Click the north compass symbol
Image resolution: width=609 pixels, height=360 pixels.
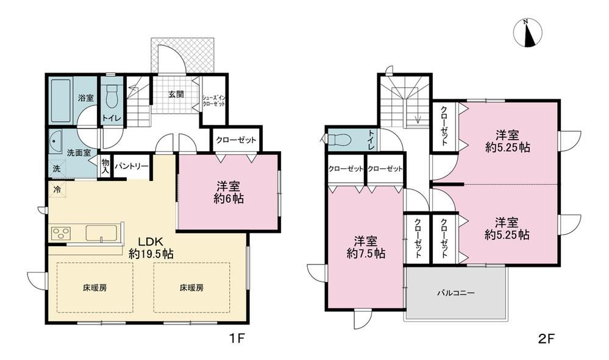[x=527, y=33]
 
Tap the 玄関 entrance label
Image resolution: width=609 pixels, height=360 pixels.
[x=176, y=94]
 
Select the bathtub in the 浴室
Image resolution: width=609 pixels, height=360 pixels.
[x=62, y=101]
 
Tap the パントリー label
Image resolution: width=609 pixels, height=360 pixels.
[x=132, y=166]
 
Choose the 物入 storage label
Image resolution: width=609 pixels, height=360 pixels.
[x=105, y=166]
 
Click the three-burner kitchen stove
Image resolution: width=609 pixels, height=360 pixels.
[x=60, y=233]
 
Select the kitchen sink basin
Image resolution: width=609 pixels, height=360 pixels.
[x=100, y=233]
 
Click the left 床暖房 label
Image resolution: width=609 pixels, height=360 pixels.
[x=95, y=288]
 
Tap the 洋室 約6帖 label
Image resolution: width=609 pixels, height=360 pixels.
[x=229, y=192]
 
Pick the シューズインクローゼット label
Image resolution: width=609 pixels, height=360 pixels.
[x=213, y=101]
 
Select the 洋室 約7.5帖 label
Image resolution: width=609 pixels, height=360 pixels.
[x=366, y=247]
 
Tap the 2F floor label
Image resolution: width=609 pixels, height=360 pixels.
[x=546, y=339]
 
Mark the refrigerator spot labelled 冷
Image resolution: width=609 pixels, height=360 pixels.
[x=57, y=190]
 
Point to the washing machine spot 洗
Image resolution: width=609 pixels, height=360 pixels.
[x=57, y=169]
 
